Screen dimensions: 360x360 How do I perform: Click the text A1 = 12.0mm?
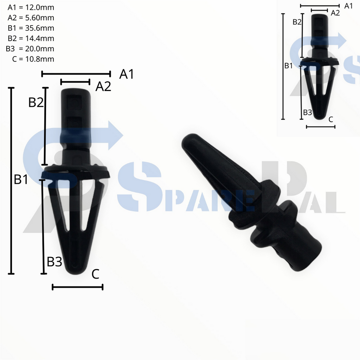tap(31, 7)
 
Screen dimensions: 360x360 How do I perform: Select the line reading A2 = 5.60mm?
tap(31, 18)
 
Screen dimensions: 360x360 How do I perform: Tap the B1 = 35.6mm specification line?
tap(31, 28)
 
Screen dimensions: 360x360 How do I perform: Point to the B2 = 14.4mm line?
tap(31, 38)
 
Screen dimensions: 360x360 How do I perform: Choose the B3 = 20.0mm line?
tap(30, 49)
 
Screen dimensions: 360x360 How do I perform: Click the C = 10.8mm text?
tap(33, 59)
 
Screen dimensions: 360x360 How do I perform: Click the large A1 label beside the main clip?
tap(127, 74)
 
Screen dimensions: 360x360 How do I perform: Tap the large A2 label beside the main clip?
tap(103, 86)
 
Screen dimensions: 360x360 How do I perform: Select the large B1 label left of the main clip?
tap(21, 179)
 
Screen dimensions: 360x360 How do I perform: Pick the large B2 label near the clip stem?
tap(36, 102)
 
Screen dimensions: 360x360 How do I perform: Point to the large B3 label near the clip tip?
tap(54, 262)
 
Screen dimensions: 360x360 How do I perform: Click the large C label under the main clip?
tap(95, 274)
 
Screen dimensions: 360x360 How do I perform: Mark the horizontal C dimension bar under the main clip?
tap(77, 287)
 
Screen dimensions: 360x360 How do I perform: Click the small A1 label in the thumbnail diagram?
tap(348, 6)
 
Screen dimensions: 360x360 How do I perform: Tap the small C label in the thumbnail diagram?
tap(330, 119)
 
